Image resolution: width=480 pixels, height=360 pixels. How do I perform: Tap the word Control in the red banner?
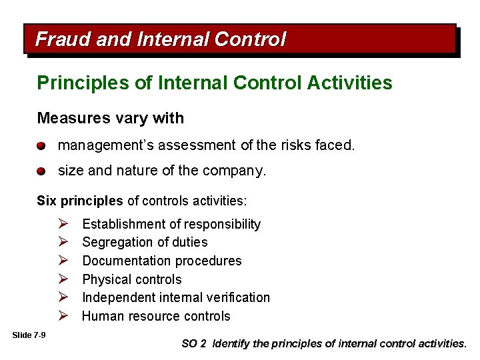(250, 39)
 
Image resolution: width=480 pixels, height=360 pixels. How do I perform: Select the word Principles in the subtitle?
(74, 83)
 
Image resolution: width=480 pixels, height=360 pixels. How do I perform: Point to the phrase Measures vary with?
(110, 119)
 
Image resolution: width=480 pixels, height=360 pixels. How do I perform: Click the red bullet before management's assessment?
(41, 145)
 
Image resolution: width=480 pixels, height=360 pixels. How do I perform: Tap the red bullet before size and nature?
(41, 171)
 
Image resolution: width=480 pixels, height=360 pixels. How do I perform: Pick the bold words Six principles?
(80, 201)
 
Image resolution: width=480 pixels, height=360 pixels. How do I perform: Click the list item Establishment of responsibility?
(171, 224)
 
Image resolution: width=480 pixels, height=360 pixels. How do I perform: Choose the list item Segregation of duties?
(145, 242)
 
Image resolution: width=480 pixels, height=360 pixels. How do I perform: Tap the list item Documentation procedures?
(161, 261)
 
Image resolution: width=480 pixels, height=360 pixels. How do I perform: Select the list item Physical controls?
(131, 279)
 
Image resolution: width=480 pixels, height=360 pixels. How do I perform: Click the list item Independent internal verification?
(176, 297)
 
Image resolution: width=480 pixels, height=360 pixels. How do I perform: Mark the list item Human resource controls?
(156, 316)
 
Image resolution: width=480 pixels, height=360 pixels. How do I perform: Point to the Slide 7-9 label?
(29, 335)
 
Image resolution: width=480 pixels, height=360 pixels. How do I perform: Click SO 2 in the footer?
(194, 344)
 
